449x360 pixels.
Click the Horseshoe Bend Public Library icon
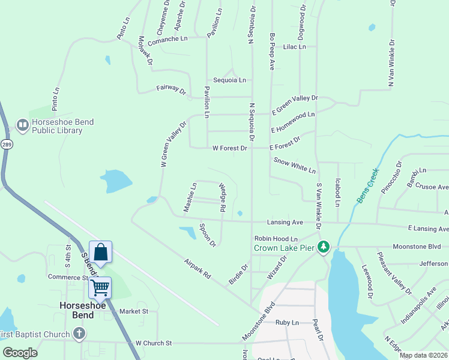(23, 125)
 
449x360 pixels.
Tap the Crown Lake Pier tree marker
(324, 247)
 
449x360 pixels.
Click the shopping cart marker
(100, 288)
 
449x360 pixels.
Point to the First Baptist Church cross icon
(79, 334)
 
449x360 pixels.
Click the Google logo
(20, 353)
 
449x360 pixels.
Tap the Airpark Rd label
(198, 268)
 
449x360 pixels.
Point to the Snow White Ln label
(294, 166)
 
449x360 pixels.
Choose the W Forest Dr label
(230, 148)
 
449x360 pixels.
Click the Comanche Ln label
(167, 39)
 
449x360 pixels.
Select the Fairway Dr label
(172, 89)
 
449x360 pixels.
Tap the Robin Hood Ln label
(276, 238)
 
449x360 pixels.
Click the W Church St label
(154, 343)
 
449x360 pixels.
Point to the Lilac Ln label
(294, 46)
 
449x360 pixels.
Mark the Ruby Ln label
(287, 322)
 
